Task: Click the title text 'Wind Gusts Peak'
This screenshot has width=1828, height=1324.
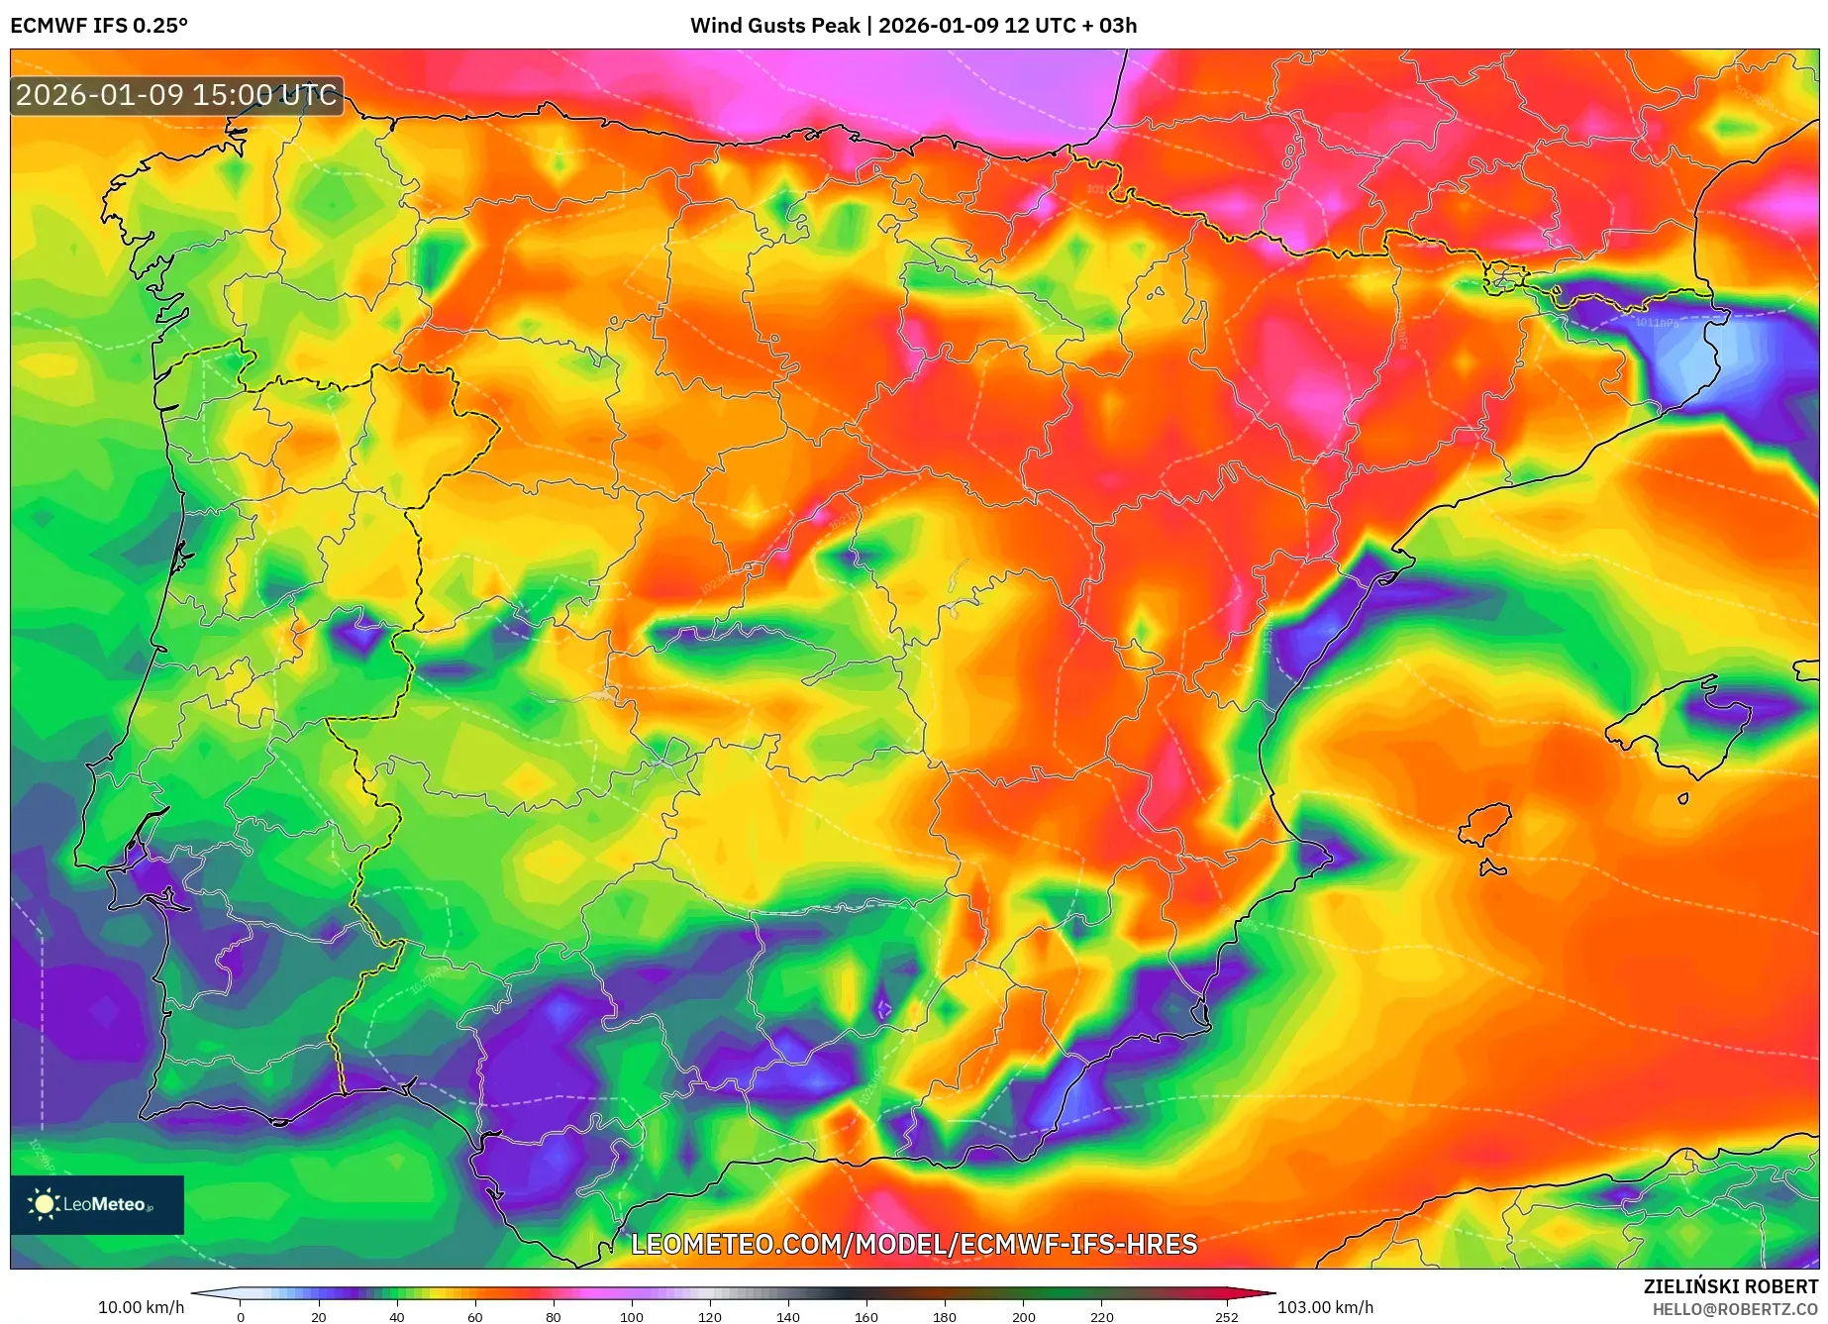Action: coord(774,26)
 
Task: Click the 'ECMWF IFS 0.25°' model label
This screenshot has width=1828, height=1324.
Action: coord(99,26)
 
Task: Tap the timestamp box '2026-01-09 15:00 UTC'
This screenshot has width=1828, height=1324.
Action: coord(177,96)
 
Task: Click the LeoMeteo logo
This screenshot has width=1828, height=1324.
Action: coord(97,1204)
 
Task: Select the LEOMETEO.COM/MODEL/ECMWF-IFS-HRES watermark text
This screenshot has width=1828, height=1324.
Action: coord(914,1244)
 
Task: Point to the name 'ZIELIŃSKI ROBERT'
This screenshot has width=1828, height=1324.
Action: coord(1730,1286)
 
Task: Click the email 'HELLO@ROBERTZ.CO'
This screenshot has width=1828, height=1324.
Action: coord(1735,1309)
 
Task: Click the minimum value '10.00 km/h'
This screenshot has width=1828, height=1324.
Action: coord(141,1307)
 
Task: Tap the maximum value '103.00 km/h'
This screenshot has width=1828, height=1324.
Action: coord(1325,1307)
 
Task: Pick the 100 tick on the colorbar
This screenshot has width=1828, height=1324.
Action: coord(632,1317)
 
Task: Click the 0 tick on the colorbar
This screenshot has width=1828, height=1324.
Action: coord(241,1317)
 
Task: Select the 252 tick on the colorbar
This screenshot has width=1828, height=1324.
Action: coord(1227,1317)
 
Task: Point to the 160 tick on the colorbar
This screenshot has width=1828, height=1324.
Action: coord(866,1317)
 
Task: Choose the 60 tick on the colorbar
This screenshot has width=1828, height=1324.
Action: coord(475,1317)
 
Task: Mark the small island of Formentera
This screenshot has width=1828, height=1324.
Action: coord(1492,869)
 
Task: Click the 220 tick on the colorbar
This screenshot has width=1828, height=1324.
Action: coord(1102,1317)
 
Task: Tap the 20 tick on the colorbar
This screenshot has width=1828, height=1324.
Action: coord(319,1317)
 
